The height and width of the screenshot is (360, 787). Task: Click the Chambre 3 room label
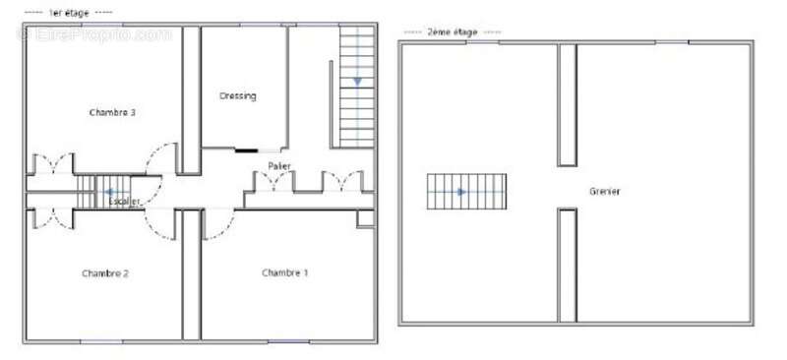111,113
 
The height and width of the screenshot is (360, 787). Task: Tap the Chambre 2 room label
105,272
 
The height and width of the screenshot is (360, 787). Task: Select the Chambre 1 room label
284,272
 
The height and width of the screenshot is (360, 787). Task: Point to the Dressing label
237,96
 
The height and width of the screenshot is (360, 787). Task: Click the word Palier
278,166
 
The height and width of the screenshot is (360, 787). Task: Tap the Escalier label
125,202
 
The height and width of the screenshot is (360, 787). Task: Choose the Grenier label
605,191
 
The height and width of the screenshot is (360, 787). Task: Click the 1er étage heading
69,12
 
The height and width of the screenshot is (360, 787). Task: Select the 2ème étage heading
452,32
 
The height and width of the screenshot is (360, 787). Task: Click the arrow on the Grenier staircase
461,191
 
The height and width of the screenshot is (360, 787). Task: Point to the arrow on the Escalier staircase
109,192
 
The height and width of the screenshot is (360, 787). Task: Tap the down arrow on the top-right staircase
357,81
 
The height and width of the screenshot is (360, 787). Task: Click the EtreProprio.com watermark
93,33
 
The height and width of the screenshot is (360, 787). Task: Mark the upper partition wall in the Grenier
567,104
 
